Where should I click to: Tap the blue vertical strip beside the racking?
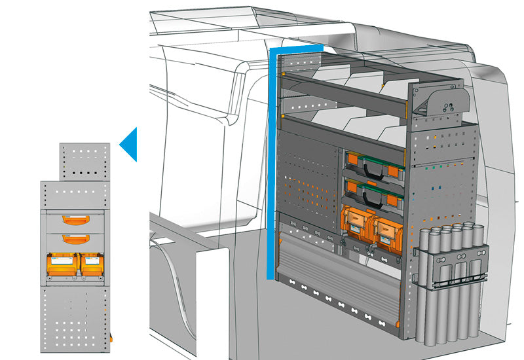(x=271, y=164)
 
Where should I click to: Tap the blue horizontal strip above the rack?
(x=298, y=48)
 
